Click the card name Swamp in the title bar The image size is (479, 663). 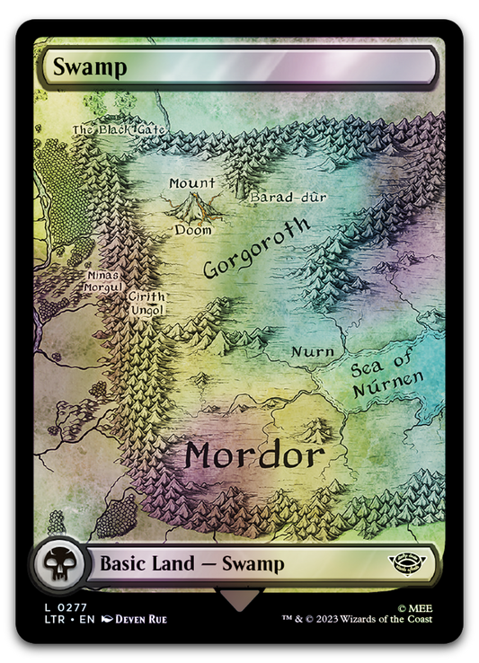point(78,66)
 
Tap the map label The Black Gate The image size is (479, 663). point(120,130)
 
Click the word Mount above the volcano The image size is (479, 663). point(192,183)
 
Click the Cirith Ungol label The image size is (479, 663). point(146,303)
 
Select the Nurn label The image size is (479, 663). point(314,351)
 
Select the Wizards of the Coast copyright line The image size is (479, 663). point(359,619)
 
